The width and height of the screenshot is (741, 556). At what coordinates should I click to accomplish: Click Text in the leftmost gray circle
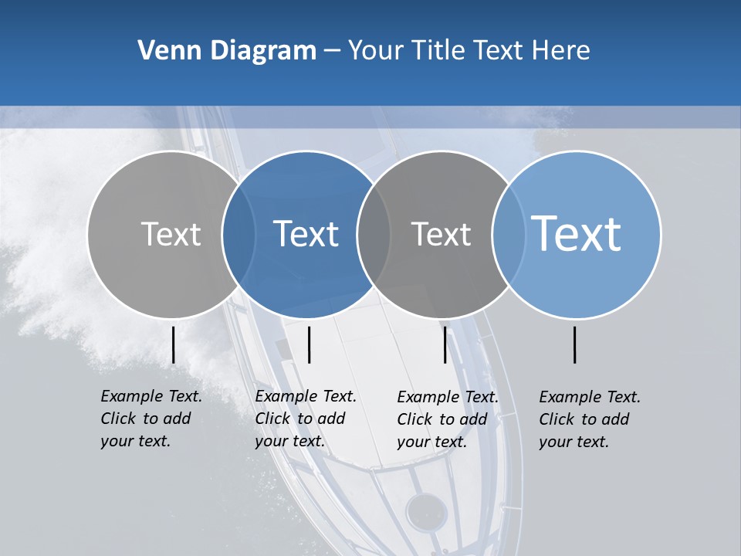click(x=171, y=234)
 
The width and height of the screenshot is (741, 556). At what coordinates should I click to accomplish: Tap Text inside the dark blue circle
click(x=306, y=234)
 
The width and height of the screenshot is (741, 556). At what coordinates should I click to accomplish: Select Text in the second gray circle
click(x=441, y=234)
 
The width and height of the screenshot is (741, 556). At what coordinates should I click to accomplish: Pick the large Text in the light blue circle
click(x=577, y=233)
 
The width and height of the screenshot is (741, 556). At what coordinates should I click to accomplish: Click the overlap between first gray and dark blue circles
click(x=239, y=234)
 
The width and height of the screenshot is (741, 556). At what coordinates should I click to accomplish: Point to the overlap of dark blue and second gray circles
click(x=374, y=234)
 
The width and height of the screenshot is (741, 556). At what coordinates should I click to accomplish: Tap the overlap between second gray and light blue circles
click(x=509, y=234)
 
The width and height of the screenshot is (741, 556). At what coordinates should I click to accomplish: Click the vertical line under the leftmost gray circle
click(x=174, y=344)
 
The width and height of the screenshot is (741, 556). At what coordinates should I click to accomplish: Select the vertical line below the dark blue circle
click(x=309, y=344)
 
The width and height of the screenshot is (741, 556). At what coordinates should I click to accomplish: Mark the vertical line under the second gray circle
click(x=445, y=344)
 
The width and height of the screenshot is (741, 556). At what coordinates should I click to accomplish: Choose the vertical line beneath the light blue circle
click(x=575, y=344)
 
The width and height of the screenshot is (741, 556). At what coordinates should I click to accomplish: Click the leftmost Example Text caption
click(x=151, y=419)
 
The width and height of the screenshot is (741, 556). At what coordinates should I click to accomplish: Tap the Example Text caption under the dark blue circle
click(x=305, y=419)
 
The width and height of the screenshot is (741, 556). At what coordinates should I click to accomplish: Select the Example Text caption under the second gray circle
click(x=447, y=419)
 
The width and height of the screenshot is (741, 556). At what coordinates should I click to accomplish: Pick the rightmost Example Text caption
click(x=589, y=419)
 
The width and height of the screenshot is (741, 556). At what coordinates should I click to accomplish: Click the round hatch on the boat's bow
click(x=427, y=510)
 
